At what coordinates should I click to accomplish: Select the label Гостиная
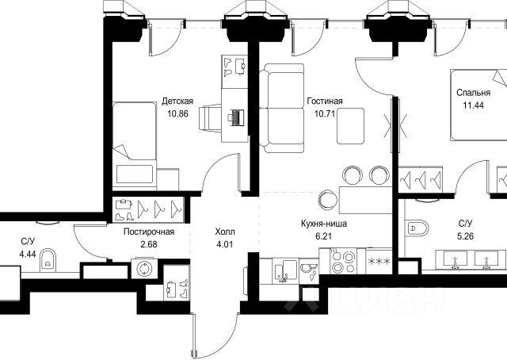coord(325,101)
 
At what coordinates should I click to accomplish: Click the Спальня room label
coord(473,92)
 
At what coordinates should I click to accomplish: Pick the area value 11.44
coord(473,105)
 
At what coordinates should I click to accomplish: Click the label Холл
coord(225,232)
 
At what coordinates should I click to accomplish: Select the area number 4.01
coord(225,245)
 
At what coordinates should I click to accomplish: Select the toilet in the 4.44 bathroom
coord(50,258)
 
